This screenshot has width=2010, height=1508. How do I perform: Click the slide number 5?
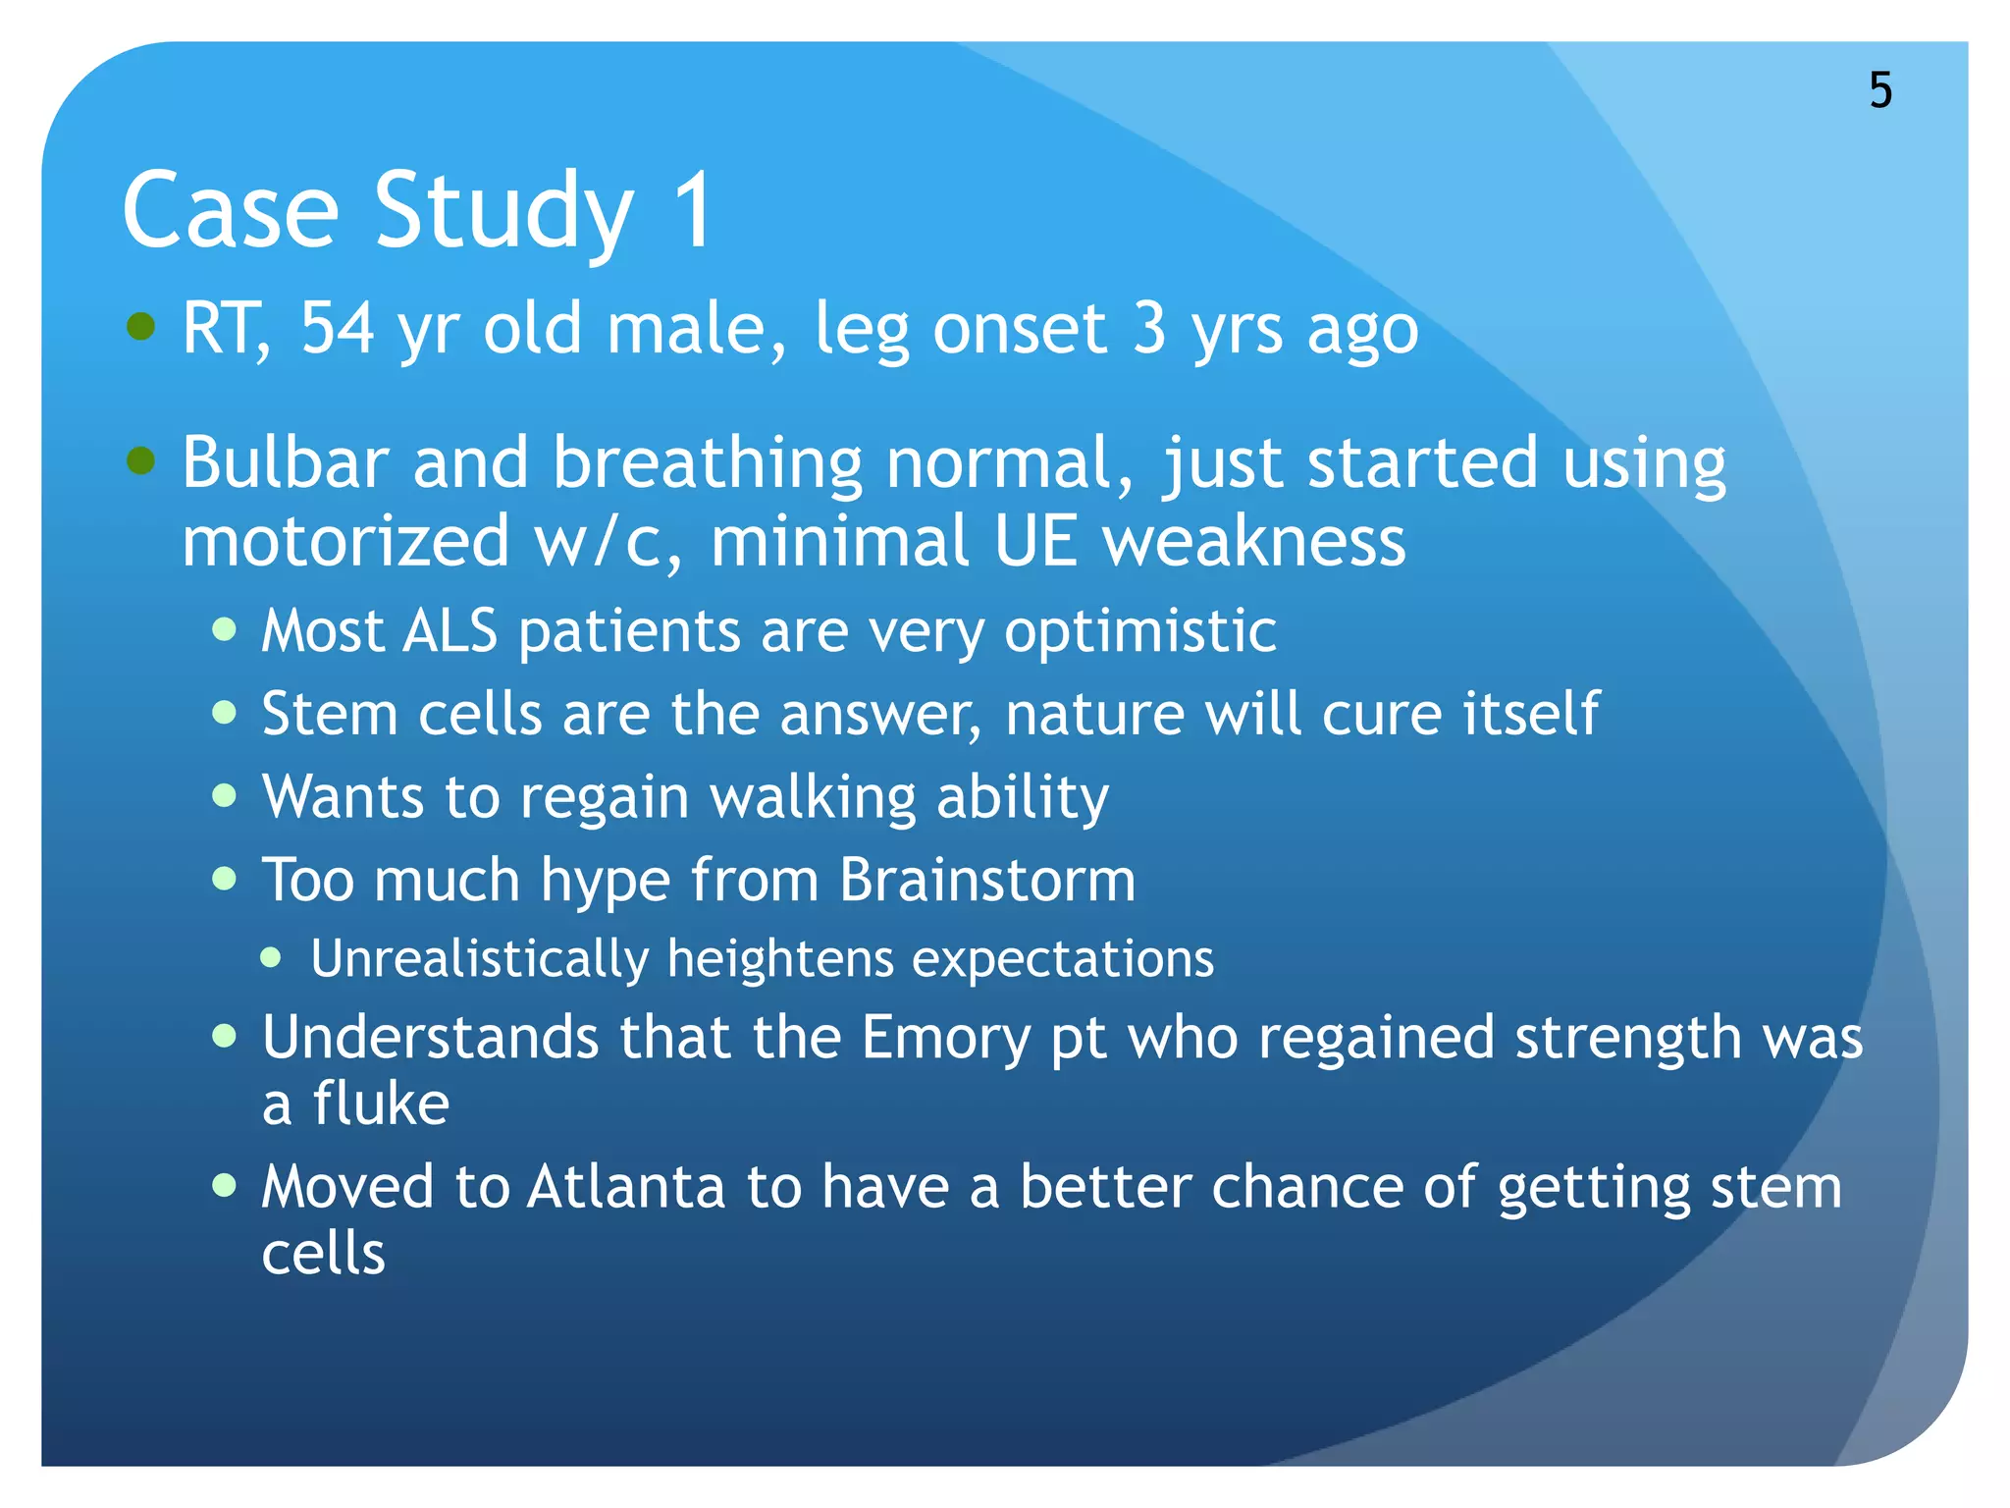click(1879, 90)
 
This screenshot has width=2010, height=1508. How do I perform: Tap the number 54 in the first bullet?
click(337, 328)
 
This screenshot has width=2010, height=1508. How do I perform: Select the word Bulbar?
click(286, 461)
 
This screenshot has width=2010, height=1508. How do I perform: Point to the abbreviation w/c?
click(608, 542)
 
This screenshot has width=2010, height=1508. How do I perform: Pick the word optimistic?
click(1139, 632)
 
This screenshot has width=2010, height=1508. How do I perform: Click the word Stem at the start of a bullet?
click(329, 713)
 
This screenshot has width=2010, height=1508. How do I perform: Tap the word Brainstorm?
click(987, 879)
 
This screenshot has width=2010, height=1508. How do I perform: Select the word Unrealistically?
click(480, 958)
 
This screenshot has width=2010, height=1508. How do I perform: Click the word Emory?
click(945, 1039)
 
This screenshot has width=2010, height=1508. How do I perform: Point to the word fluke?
click(381, 1104)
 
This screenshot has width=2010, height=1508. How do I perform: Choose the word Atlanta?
click(626, 1187)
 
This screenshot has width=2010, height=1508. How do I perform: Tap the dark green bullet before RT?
click(141, 326)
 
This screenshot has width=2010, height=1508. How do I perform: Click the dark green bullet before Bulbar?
click(141, 459)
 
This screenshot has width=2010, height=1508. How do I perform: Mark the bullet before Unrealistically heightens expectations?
click(272, 957)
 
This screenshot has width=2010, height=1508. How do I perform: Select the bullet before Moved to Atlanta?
click(225, 1185)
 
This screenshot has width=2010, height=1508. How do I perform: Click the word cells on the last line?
click(323, 1254)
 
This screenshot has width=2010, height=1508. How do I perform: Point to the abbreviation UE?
click(1034, 542)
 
